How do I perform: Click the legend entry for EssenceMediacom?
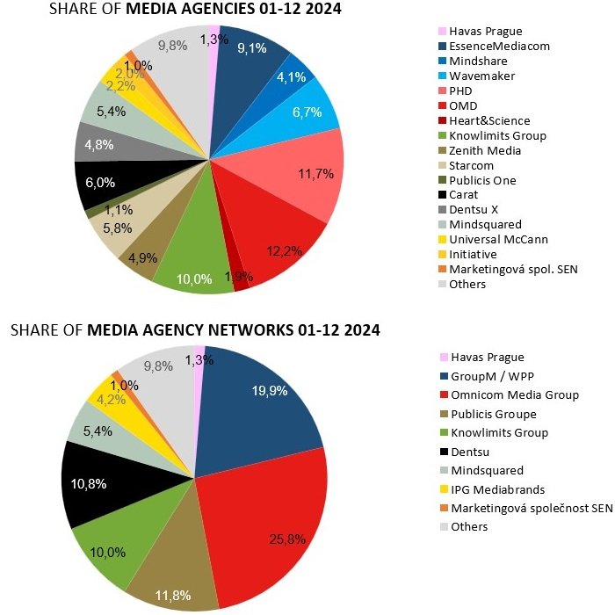(x=499, y=47)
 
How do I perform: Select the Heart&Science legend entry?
(x=489, y=121)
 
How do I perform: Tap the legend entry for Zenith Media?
(x=485, y=151)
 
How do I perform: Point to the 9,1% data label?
(x=253, y=49)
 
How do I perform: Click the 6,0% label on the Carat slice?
(x=98, y=183)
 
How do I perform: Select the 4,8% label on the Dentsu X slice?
(x=99, y=146)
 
